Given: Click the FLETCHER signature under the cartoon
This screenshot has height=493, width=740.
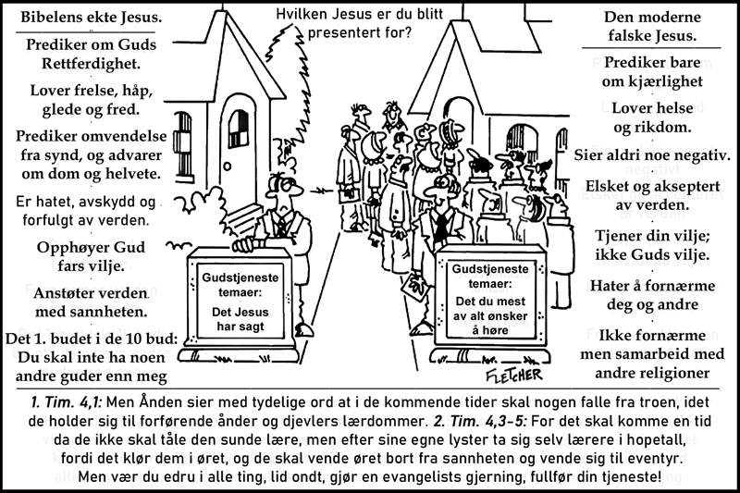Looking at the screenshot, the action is point(514,375).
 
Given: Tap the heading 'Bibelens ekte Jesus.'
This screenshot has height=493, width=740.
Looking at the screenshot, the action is point(91,18).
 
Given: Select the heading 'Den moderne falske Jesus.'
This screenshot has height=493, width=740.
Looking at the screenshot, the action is point(652,27).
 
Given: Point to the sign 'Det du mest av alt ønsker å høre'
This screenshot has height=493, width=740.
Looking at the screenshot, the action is point(491,299).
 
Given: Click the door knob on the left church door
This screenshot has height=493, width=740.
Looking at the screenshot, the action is point(228,167).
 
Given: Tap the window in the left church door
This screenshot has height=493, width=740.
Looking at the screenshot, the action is point(239,129).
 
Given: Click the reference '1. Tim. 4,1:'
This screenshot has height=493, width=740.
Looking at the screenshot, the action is point(67,402).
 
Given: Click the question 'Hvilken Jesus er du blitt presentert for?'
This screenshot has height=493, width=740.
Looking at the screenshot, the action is point(360,23).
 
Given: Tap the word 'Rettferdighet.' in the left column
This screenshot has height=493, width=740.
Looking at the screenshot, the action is point(91,63).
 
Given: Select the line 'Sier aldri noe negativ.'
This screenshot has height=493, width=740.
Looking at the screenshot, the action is point(652,155).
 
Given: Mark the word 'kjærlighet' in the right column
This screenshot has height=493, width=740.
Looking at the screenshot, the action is point(666,81).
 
